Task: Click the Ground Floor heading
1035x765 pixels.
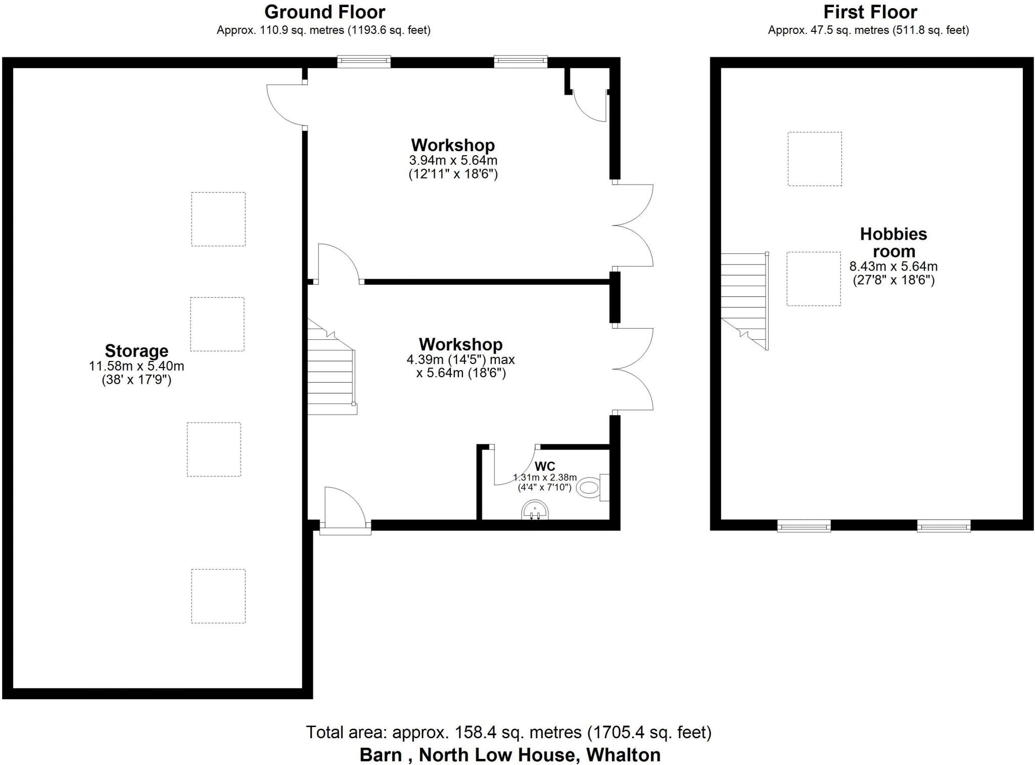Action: pos(324,12)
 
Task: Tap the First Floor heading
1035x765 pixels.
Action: pos(870,12)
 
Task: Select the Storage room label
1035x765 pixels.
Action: pos(136,350)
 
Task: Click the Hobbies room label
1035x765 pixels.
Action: pos(893,242)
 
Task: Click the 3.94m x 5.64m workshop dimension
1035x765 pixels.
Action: pos(453,161)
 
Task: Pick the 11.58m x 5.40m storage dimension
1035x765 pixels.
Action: pos(136,366)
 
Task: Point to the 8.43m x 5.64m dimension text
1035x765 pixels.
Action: pos(893,266)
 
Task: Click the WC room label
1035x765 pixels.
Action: pos(545,466)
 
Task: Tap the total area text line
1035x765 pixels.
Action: pos(508,732)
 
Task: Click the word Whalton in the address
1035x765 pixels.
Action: pos(623,755)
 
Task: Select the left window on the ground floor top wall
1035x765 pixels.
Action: pos(364,62)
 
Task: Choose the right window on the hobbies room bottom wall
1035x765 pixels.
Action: pos(944,526)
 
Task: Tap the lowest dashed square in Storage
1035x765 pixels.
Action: pos(218,596)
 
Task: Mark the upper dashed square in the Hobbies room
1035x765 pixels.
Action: pos(815,159)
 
